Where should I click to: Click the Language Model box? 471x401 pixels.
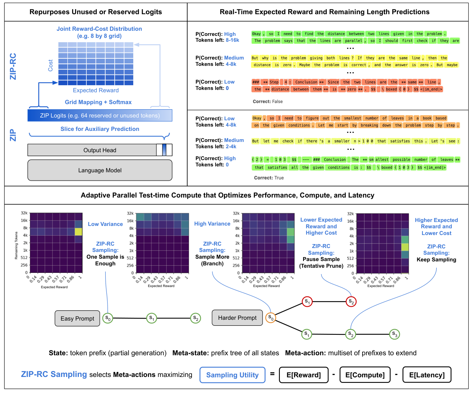coord(100,170)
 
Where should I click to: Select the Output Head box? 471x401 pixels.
coord(100,150)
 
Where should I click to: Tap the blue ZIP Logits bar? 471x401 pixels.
coord(100,116)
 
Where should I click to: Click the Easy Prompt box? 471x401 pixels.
coord(77,318)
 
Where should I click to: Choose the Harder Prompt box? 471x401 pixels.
coord(237,318)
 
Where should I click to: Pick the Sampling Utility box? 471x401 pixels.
coord(232,375)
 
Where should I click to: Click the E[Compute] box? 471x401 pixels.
coord(365,375)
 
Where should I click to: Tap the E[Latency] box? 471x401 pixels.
coord(426,375)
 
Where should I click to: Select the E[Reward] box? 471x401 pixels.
coord(303,375)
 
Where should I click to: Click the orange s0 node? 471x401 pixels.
coord(271,317)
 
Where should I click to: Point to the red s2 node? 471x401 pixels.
coord(350,302)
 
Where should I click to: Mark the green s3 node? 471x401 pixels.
coord(394,334)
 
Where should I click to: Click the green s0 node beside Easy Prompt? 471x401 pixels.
coord(108,318)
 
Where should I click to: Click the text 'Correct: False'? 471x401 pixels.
coord(268,102)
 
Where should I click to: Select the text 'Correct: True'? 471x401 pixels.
coord(269,178)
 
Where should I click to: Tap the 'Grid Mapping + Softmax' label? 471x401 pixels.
coord(98,102)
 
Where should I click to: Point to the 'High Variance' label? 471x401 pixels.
coord(212,224)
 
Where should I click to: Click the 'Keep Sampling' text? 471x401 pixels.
coord(436,259)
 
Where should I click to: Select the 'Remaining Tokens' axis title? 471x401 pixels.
coord(17,245)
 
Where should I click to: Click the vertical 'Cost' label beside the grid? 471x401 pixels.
coord(50,65)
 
